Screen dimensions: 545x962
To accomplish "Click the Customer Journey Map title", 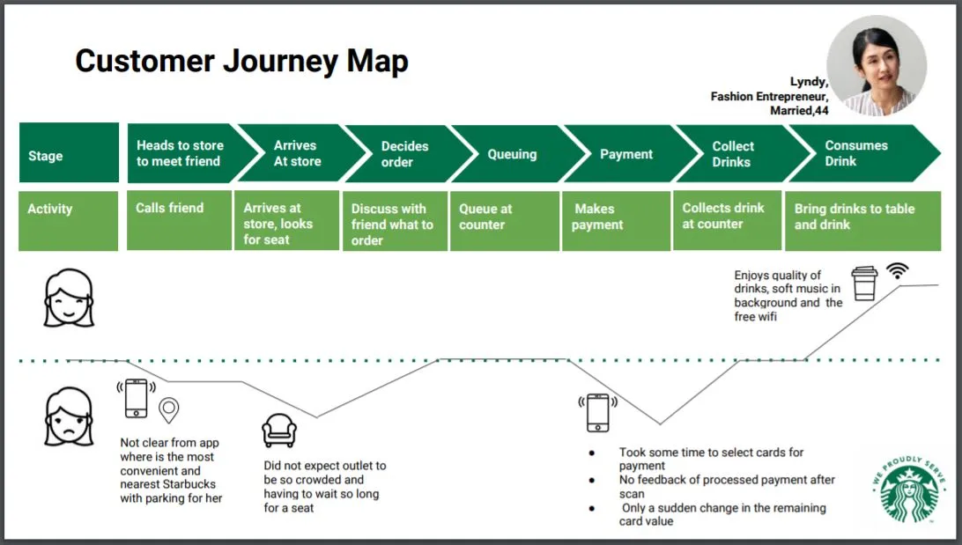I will [x=241, y=62].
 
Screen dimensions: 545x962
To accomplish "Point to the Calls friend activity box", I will [x=179, y=219].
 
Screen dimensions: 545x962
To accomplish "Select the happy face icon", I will [x=69, y=298].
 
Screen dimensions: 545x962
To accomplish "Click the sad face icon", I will [x=69, y=416].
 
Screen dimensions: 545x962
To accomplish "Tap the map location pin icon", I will [x=168, y=409].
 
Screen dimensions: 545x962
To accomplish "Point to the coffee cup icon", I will [x=864, y=284].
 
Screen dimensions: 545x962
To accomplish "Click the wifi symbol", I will [x=898, y=271].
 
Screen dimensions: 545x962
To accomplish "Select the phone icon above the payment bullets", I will [x=596, y=411].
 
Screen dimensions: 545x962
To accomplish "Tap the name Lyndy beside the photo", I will [x=808, y=82].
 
